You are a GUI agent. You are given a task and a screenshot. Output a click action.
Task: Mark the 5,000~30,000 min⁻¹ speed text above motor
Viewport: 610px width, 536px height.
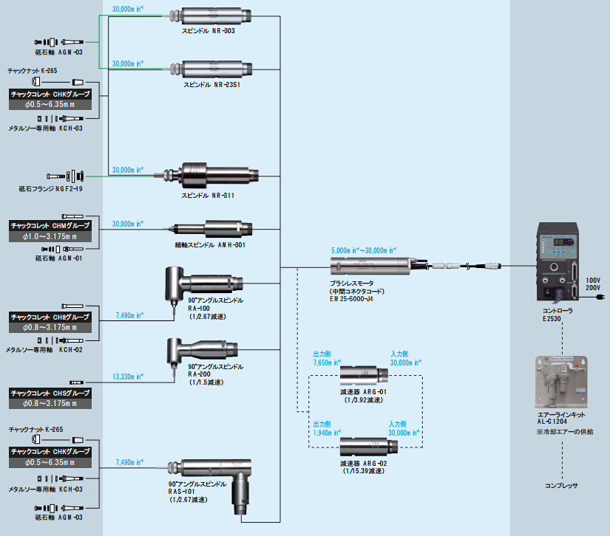[362, 250]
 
